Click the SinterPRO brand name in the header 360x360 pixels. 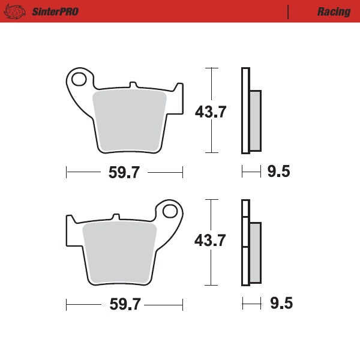pyautogui.click(x=55, y=12)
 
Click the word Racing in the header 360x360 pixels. pyautogui.click(x=334, y=12)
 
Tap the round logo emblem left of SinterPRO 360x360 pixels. pyautogui.click(x=14, y=11)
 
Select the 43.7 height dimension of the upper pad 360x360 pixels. pyautogui.click(x=211, y=112)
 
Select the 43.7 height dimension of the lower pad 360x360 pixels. pyautogui.click(x=210, y=241)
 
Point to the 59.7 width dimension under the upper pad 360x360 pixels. pyautogui.click(x=124, y=172)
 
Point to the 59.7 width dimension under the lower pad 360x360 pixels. pyautogui.click(x=125, y=304)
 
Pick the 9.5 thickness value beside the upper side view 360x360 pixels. pyautogui.click(x=279, y=171)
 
